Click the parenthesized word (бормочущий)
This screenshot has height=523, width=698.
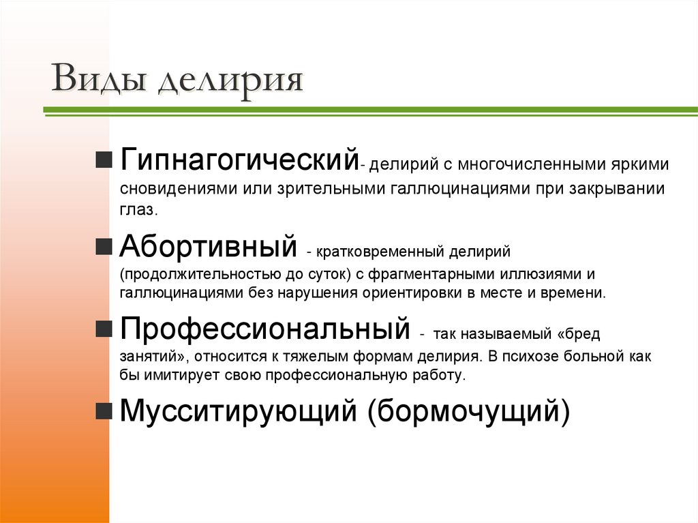pyautogui.click(x=469, y=412)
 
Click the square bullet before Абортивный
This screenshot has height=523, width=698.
pyautogui.click(x=104, y=247)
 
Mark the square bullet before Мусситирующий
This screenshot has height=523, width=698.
pyautogui.click(x=104, y=411)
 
